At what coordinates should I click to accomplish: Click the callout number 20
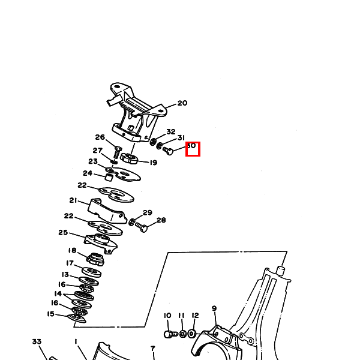coord(182,103)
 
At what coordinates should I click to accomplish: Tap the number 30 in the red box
coord(192,146)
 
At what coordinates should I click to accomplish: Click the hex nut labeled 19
coord(130,159)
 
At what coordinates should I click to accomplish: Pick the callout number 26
coord(100,137)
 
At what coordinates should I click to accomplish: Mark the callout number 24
coord(88,173)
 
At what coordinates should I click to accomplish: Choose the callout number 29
coord(147,212)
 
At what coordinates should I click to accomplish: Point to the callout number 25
coord(63,233)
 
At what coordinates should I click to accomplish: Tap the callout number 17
coord(70,263)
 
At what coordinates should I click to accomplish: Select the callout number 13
coord(65,274)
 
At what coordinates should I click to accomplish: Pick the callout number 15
coord(50,313)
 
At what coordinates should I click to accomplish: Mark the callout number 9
coord(214,308)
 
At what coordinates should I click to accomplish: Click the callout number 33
coord(37,341)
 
